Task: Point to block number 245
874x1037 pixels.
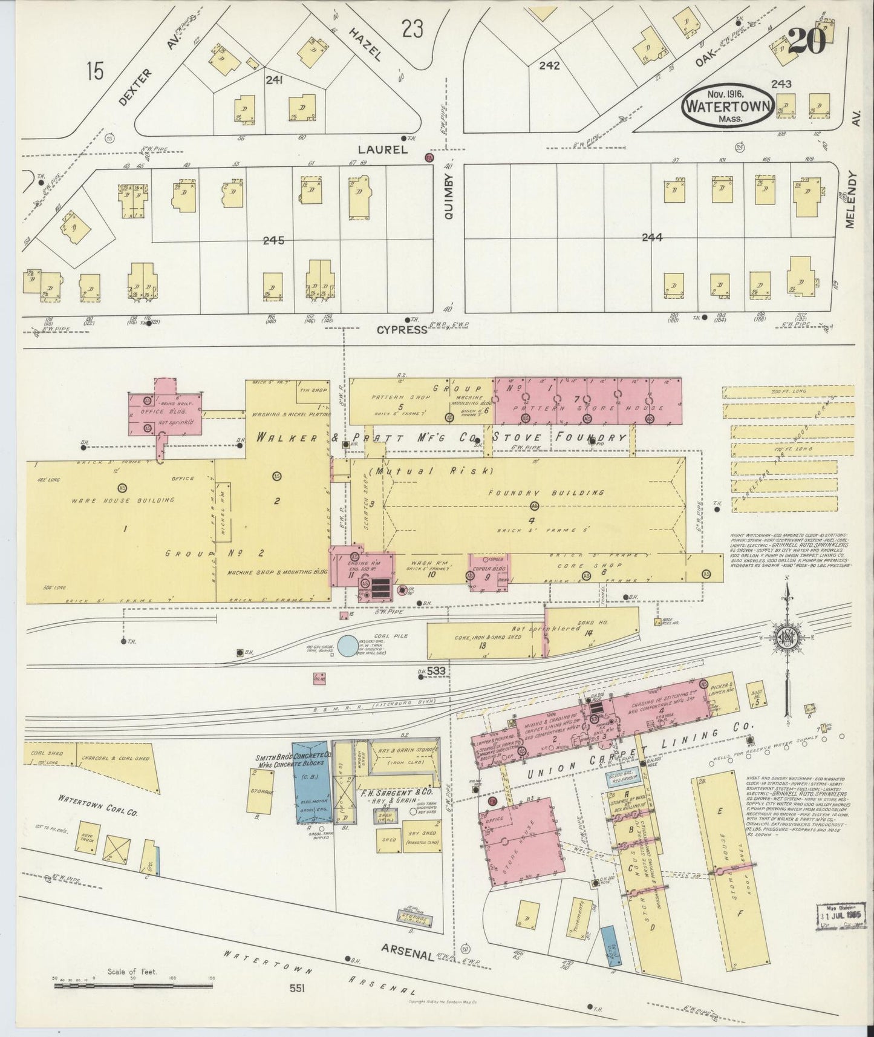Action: [x=273, y=240]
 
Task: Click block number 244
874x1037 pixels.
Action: [x=652, y=238]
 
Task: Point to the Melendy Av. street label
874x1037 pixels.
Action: [x=852, y=200]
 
